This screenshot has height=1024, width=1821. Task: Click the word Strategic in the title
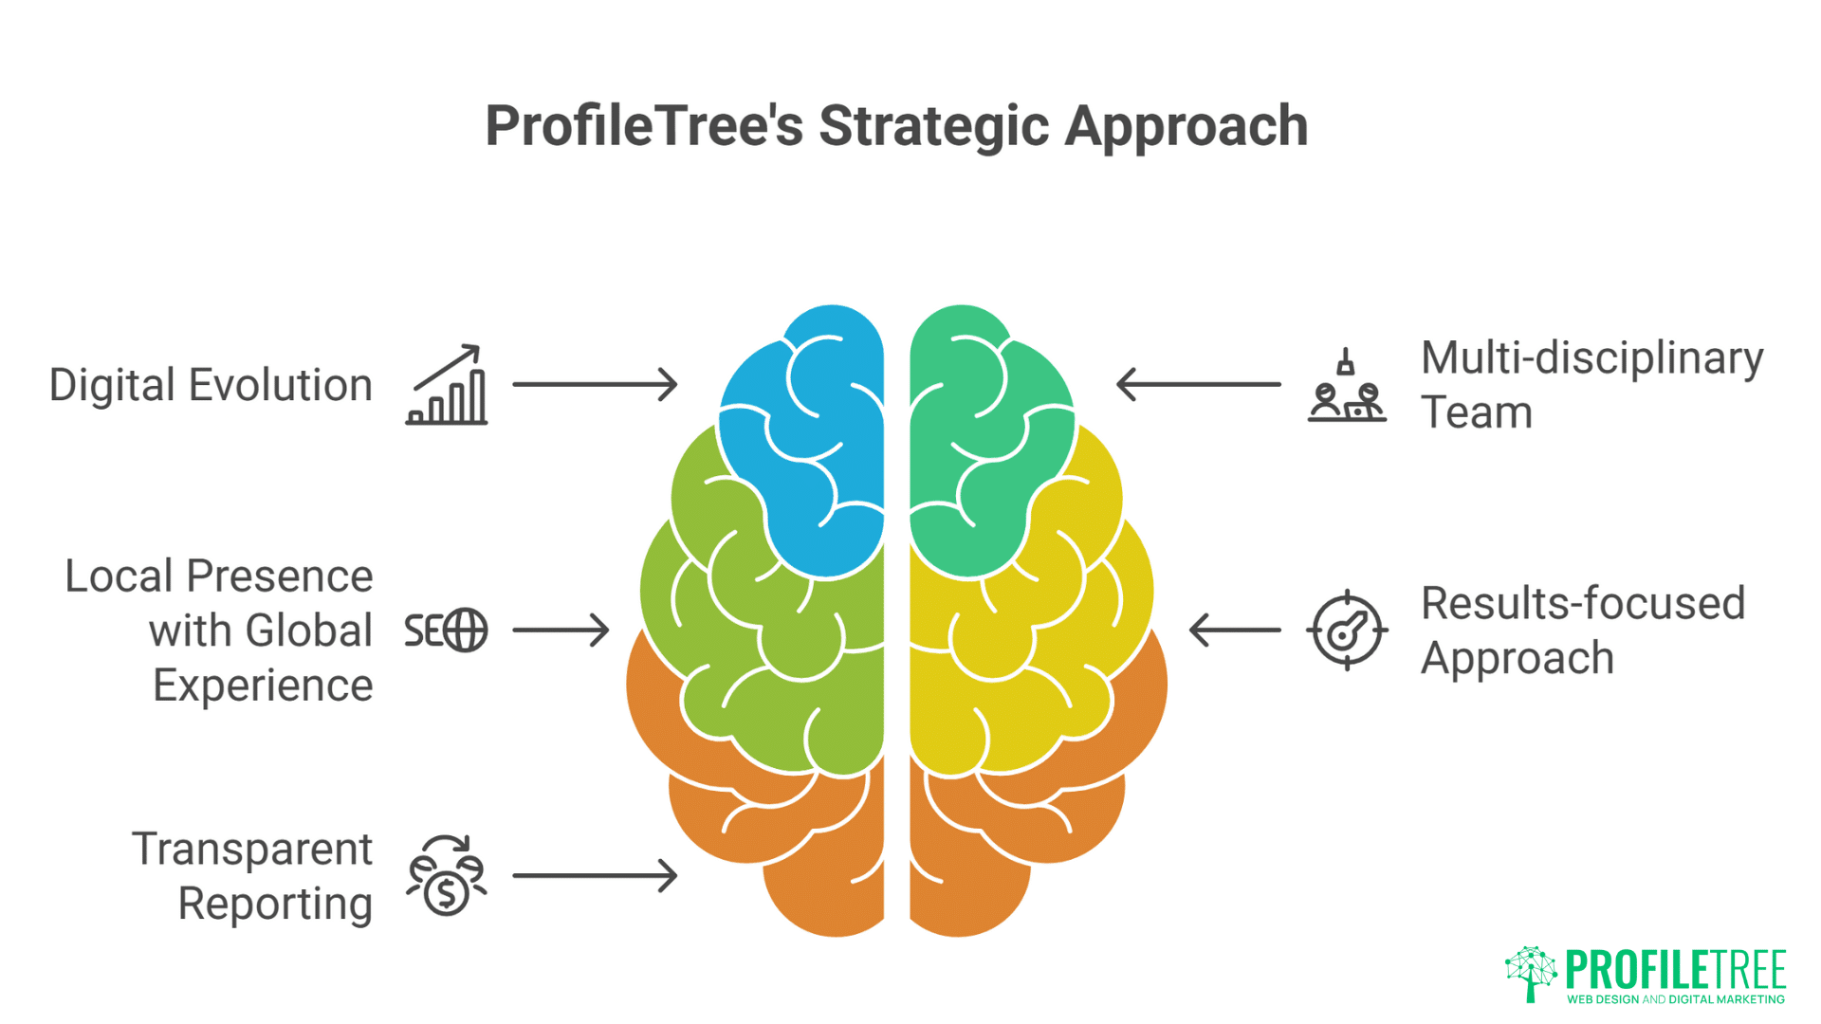[x=933, y=126]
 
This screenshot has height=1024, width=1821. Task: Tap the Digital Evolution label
[x=211, y=385]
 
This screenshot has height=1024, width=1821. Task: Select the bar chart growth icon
[x=447, y=385]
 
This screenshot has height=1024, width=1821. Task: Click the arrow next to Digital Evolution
[x=595, y=384]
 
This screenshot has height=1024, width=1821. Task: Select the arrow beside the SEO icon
[x=561, y=631]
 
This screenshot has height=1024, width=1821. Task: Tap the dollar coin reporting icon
[x=447, y=876]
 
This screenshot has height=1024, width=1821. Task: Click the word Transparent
[x=251, y=849]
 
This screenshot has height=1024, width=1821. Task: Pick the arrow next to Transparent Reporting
[x=595, y=875]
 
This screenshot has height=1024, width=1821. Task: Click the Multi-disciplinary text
[x=1591, y=358]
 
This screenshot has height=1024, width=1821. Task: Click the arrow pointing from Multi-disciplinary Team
[x=1199, y=384]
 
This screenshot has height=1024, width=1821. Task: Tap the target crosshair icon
[x=1347, y=631]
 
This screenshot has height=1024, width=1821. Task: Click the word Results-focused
[x=1582, y=604]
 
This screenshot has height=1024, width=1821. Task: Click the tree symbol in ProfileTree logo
[x=1530, y=973]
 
